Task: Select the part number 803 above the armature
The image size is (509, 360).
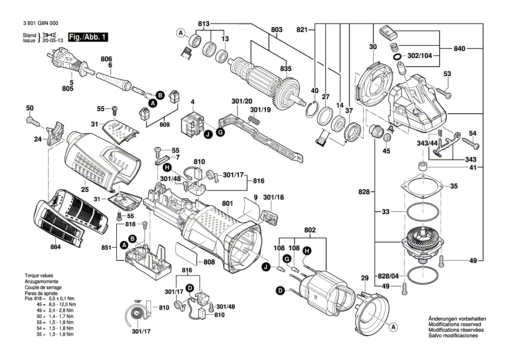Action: (276, 29)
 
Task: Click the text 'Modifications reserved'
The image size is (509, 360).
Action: (455, 325)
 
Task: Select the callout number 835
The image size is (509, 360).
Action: (286, 68)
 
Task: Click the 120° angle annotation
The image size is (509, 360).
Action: (138, 302)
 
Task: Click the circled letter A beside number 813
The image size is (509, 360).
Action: (180, 33)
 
